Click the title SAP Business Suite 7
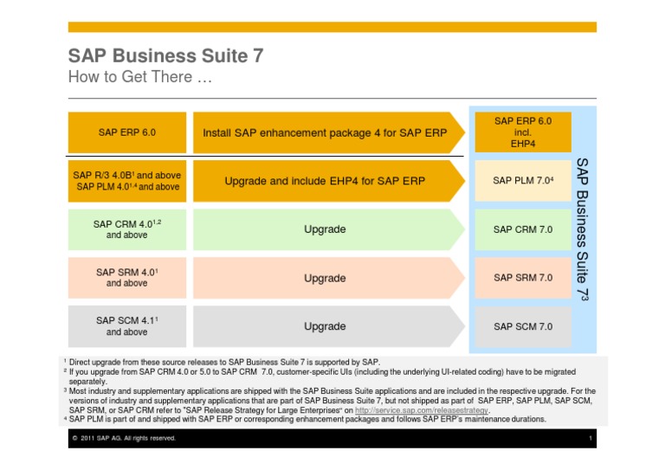[x=165, y=56]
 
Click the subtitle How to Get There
[x=139, y=78]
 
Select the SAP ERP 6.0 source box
[x=126, y=132]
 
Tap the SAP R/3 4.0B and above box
[x=126, y=181]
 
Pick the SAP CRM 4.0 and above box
[x=126, y=229]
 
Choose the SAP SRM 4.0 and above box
[x=126, y=278]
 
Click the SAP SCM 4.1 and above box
[x=126, y=326]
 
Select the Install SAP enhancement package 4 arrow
[x=326, y=133]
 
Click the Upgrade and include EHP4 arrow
[x=326, y=182]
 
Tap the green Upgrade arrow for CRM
[x=326, y=229]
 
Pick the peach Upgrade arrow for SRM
[x=326, y=278]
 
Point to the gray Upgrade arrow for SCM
[x=326, y=326]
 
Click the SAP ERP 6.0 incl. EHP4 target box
[x=522, y=132]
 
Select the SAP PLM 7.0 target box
[x=522, y=181]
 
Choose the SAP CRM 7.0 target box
[x=522, y=229]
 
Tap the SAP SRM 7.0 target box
[x=522, y=278]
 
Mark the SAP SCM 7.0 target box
[x=522, y=326]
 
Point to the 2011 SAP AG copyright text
[x=125, y=439]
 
